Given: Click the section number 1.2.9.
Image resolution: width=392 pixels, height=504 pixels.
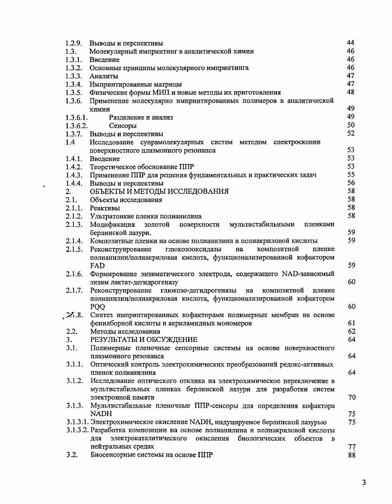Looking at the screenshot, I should pyautogui.click(x=74, y=43).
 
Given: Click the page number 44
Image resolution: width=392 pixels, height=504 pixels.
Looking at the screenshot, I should pyautogui.click(x=351, y=43).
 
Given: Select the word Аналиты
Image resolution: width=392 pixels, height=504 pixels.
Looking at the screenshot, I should pyautogui.click(x=104, y=76).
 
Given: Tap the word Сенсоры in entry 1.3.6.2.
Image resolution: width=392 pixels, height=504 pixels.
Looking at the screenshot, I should pyautogui.click(x=123, y=126).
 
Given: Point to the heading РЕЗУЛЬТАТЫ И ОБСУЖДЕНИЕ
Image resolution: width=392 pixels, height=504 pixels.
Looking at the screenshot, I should pyautogui.click(x=143, y=340).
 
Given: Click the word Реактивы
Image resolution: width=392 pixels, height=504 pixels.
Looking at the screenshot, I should pyautogui.click(x=105, y=208).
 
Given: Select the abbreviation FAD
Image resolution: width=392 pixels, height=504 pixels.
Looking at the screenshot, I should pyautogui.click(x=97, y=266).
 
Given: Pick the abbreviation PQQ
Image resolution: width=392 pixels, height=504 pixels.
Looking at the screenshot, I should pyautogui.click(x=98, y=307).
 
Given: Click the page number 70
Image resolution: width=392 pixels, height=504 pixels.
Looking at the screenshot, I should pyautogui.click(x=352, y=397).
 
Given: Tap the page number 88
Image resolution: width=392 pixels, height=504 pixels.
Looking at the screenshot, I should pyautogui.click(x=352, y=455).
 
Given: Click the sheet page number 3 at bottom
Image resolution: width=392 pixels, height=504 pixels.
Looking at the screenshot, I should pyautogui.click(x=364, y=483).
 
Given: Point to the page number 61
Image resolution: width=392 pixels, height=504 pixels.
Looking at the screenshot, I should pyautogui.click(x=352, y=323).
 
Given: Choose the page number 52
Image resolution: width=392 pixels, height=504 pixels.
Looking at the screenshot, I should pyautogui.click(x=351, y=134).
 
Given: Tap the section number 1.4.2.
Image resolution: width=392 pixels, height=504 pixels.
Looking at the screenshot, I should pyautogui.click(x=74, y=167).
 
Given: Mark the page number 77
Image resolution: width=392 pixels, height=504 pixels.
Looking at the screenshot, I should pyautogui.click(x=352, y=447).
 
